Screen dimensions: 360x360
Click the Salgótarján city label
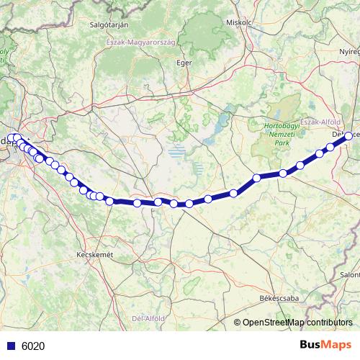pyautogui.click(x=109, y=24)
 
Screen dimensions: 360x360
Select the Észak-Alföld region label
pyautogui.click(x=319, y=122)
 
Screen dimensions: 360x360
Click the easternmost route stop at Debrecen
pyautogui.click(x=349, y=135)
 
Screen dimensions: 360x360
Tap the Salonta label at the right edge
pyautogui.click(x=351, y=274)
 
